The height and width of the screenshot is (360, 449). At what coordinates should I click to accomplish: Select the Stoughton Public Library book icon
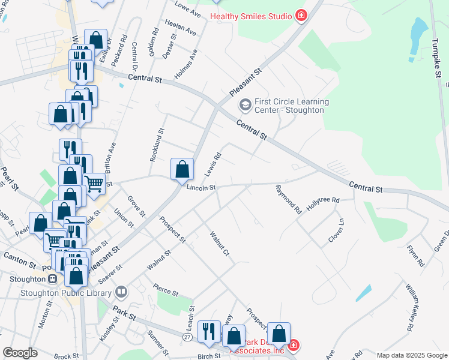click(x=121, y=292)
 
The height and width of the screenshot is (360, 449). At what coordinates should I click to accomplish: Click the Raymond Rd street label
click(x=288, y=200)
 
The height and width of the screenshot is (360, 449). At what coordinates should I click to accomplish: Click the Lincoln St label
click(x=200, y=188)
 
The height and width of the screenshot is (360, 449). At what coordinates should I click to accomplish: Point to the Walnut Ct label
click(x=219, y=244)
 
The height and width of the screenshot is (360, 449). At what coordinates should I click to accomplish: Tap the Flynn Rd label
click(x=415, y=256)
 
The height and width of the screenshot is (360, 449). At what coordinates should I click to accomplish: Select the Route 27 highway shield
click(x=187, y=338)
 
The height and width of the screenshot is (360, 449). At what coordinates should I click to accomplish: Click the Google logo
click(x=20, y=353)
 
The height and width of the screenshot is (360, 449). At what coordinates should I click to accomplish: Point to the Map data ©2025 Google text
click(x=412, y=355)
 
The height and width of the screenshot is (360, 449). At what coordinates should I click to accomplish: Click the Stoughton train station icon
click(x=52, y=278)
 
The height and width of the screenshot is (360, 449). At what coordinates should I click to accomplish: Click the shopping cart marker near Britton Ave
click(x=94, y=182)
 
